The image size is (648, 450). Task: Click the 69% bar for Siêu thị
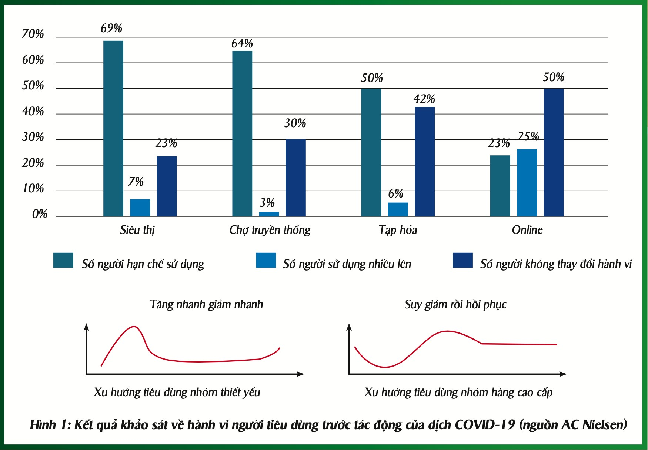(113, 128)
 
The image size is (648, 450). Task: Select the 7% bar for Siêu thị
(140, 208)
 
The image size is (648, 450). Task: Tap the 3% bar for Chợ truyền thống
(269, 214)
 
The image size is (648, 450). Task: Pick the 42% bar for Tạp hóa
(424, 162)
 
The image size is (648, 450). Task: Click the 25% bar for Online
(527, 183)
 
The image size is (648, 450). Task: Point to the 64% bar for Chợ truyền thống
(242, 133)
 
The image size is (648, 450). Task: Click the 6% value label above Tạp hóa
(395, 193)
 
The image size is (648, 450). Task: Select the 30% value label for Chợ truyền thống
(295, 123)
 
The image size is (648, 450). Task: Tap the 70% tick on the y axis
(33, 34)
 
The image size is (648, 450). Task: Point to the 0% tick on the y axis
(39, 214)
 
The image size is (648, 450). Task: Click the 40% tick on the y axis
(33, 112)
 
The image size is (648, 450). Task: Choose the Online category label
(527, 230)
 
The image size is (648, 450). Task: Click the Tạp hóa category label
(398, 230)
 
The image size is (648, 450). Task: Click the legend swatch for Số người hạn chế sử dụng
(63, 260)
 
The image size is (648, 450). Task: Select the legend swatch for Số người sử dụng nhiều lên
(266, 260)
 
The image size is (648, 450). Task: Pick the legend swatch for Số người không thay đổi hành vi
(462, 260)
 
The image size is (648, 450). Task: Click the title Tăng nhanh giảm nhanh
(207, 305)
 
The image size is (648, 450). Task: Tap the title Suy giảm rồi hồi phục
(455, 305)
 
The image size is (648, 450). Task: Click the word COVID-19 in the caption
(485, 425)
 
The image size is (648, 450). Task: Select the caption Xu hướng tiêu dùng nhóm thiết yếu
(177, 392)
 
